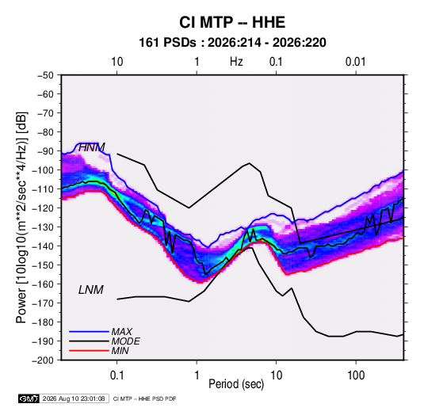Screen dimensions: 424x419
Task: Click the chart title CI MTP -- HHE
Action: tap(232, 22)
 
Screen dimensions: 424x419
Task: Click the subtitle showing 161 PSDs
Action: tap(232, 43)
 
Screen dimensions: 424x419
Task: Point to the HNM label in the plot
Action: tap(92, 147)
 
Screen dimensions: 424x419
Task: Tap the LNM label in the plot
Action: tap(91, 290)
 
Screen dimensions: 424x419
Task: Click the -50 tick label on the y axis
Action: tap(45, 75)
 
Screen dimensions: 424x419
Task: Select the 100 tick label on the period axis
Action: tap(356, 375)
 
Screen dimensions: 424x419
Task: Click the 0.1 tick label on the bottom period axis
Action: tap(117, 375)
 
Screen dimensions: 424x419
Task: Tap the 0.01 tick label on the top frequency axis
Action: tap(355, 62)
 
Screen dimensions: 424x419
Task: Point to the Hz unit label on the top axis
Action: tap(236, 62)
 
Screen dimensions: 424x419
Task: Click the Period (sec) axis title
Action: tap(236, 384)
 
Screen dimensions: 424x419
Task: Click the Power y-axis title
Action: tap(22, 218)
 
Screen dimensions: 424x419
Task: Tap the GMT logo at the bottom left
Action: tap(29, 398)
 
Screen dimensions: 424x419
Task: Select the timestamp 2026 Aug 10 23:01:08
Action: tap(74, 398)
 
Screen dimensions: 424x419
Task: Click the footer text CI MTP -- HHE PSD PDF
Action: tap(145, 398)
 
